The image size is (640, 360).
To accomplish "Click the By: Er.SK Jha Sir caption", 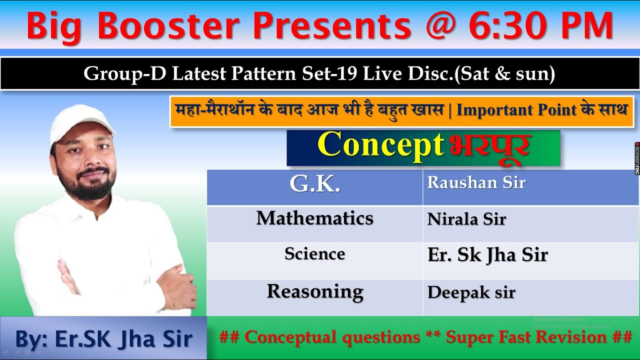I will click(103, 339).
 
